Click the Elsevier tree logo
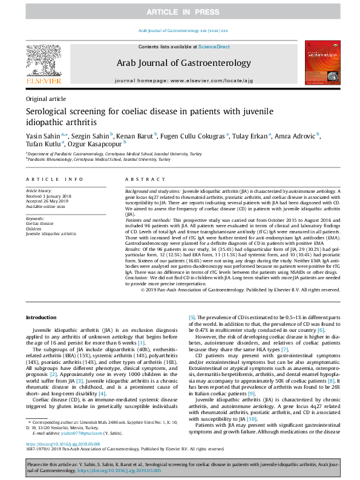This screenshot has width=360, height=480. pos(43,59)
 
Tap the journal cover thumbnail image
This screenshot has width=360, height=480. pos(320,62)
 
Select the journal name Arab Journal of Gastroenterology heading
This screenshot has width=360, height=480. pos(180,63)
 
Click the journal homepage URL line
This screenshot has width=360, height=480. pos(180,80)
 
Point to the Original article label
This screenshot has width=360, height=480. pos(46,98)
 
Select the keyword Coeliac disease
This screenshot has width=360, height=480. pos(39,222)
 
